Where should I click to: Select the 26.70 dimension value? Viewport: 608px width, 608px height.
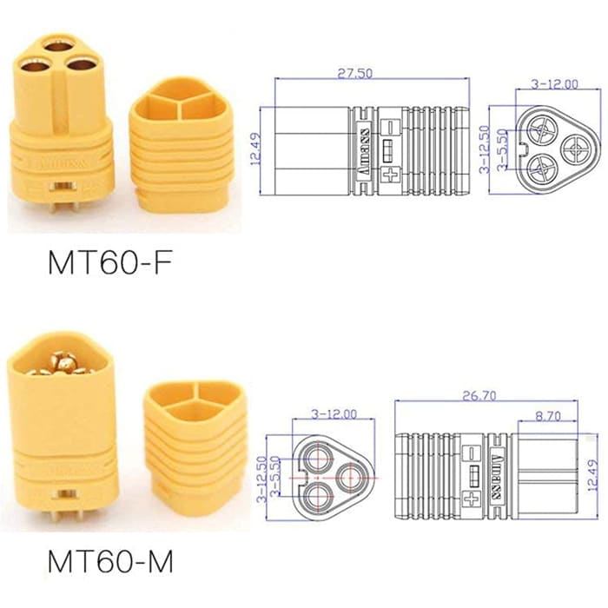click(x=486, y=395)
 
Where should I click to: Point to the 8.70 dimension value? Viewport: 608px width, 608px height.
click(x=547, y=417)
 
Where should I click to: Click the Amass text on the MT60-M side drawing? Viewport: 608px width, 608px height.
click(x=497, y=476)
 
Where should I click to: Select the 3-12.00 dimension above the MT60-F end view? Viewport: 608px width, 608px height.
click(x=554, y=84)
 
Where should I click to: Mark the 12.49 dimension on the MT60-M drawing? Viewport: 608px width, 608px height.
click(x=591, y=476)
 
